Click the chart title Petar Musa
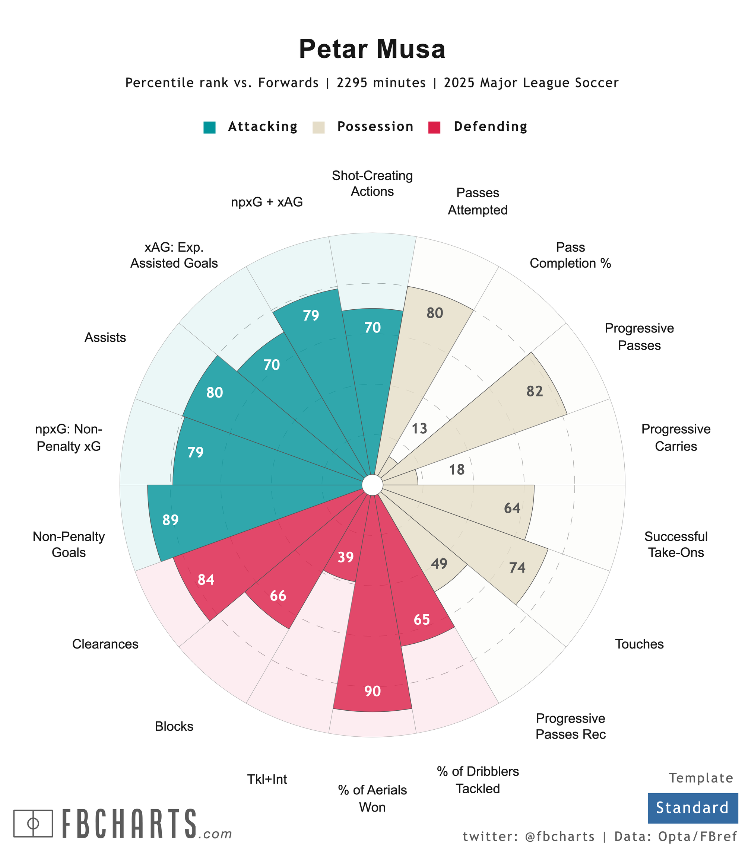click(372, 49)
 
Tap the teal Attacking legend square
click(209, 127)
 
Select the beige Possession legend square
click(318, 127)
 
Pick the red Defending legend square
click(434, 127)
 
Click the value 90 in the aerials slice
click(372, 691)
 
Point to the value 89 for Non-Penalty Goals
click(171, 520)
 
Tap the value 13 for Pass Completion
click(419, 429)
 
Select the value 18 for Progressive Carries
click(457, 470)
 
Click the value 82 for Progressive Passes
click(535, 391)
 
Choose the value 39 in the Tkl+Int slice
click(345, 557)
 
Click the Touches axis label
click(639, 644)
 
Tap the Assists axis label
click(105, 337)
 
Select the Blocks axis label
click(174, 726)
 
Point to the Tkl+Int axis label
click(267, 779)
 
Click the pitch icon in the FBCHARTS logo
click(33, 823)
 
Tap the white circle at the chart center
click(372, 485)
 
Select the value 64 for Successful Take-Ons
click(512, 508)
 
